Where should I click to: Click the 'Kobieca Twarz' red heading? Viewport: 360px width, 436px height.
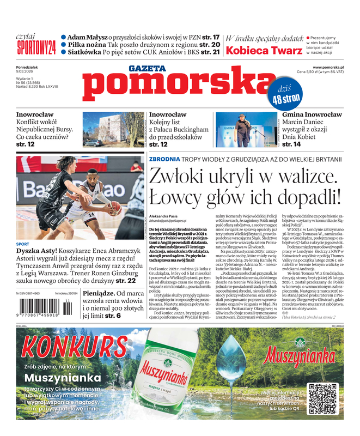click(264, 51)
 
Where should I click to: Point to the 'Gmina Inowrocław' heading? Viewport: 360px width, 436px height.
click(310, 115)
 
